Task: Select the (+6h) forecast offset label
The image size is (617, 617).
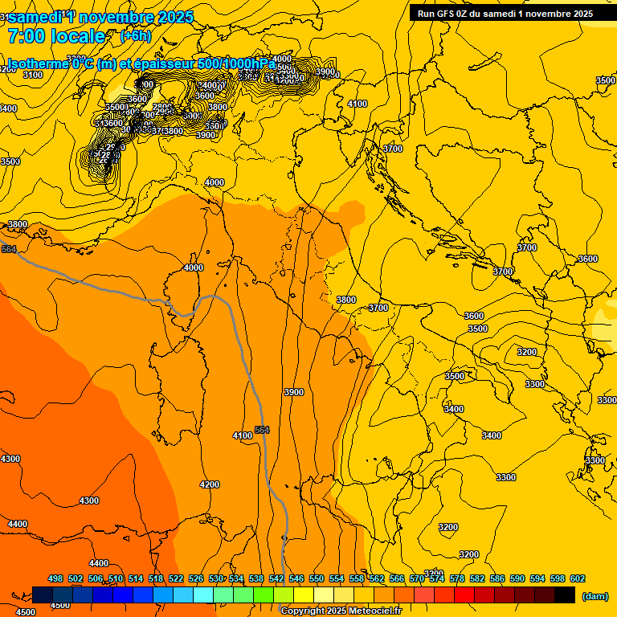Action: click(x=135, y=35)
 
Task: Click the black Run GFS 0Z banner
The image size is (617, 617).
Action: click(x=505, y=13)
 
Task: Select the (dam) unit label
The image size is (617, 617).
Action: click(x=595, y=595)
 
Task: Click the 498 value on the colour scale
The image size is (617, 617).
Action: click(x=55, y=578)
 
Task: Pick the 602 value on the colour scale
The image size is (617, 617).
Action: click(x=578, y=578)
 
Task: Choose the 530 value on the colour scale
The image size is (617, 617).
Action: click(x=216, y=578)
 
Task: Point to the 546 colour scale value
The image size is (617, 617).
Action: click(x=296, y=578)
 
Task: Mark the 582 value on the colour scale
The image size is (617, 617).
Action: click(x=477, y=578)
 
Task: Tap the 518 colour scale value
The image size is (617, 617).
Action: click(x=156, y=578)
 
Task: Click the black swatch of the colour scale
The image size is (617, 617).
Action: click(x=565, y=595)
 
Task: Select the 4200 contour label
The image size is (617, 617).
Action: click(x=210, y=484)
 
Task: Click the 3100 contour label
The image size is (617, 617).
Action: click(x=33, y=75)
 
